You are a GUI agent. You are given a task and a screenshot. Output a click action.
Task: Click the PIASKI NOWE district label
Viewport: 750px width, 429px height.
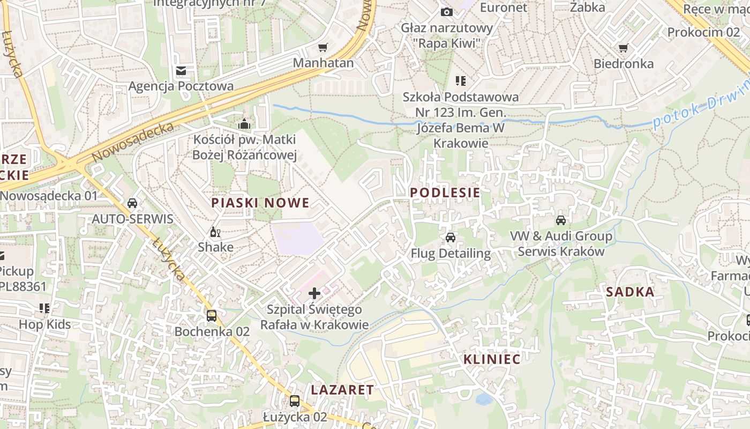(x=260, y=203)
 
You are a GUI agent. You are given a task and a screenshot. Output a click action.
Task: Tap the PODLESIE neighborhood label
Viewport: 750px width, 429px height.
(x=445, y=193)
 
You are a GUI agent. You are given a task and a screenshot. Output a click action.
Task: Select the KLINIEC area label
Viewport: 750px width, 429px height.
(x=492, y=359)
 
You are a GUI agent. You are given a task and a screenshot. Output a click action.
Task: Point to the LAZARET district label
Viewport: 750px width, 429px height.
(x=342, y=390)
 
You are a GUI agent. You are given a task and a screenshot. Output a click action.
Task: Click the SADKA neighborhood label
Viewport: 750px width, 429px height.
(x=631, y=292)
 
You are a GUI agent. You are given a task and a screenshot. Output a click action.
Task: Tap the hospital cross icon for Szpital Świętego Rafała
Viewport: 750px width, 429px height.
(x=314, y=293)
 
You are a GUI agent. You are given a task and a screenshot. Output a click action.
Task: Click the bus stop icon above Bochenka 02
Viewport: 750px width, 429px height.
(x=212, y=315)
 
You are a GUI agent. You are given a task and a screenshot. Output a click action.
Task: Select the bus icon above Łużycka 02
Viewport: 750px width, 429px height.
(x=294, y=401)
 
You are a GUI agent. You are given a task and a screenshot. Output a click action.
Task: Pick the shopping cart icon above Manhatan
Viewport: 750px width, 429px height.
(x=322, y=48)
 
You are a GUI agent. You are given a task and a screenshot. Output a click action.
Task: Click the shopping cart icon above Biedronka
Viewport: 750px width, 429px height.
(x=623, y=48)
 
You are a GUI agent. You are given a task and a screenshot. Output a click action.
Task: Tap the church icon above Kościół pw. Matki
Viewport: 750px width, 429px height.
(x=244, y=124)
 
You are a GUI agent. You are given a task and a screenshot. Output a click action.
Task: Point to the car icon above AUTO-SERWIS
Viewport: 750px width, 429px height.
(x=132, y=203)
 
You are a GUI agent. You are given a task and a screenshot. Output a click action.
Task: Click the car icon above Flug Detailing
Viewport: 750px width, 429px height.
(x=450, y=237)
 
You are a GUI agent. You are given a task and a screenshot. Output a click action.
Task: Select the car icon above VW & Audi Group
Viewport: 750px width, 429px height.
(x=560, y=220)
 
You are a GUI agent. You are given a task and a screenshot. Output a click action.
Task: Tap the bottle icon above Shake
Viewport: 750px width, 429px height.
(x=215, y=232)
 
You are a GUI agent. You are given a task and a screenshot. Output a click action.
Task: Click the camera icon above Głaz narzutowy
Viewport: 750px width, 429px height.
(x=446, y=12)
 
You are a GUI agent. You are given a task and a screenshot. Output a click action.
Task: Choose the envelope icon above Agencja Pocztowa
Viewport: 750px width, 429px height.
(x=181, y=70)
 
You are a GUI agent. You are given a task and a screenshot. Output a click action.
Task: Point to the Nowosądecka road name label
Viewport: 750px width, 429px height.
(x=133, y=142)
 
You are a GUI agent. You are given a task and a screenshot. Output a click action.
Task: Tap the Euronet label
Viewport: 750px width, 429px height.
(x=504, y=8)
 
